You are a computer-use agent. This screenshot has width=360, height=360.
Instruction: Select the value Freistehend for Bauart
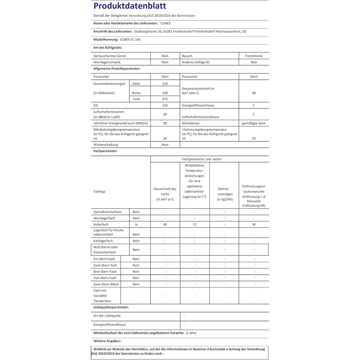254,55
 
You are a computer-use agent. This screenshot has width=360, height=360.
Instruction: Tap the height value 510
165,84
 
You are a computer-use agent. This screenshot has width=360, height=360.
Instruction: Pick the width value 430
165,93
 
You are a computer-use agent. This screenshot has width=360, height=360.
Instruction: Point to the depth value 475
165,99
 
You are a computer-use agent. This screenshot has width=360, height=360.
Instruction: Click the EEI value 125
165,106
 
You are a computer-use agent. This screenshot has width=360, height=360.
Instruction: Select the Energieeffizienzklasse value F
254,106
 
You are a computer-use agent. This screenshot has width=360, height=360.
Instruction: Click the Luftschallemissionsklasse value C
254,115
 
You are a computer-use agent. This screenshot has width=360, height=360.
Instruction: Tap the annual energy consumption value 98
165,123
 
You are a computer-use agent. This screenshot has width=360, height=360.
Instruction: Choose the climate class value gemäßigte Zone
254,123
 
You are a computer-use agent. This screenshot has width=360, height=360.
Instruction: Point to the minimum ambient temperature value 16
165,138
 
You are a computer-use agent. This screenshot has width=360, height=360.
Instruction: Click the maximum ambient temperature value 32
254,138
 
